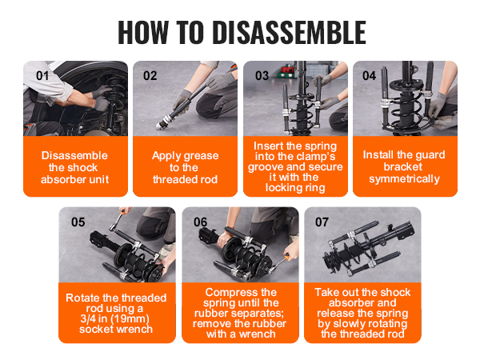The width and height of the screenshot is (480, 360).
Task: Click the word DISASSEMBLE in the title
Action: point(289,33)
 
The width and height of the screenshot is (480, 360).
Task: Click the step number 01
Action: point(42,76)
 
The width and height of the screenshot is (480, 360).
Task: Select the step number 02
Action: point(150,76)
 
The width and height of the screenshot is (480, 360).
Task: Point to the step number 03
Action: point(262,76)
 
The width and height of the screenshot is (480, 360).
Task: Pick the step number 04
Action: point(369,76)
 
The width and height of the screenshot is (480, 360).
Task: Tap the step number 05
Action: point(78,222)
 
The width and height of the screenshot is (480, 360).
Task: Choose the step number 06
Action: point(201,222)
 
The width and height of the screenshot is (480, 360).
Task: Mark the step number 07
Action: point(322,222)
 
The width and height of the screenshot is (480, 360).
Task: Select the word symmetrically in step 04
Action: point(404,179)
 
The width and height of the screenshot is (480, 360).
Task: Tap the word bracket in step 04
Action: point(403,167)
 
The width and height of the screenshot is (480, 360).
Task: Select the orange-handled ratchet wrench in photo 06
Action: point(278,264)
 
